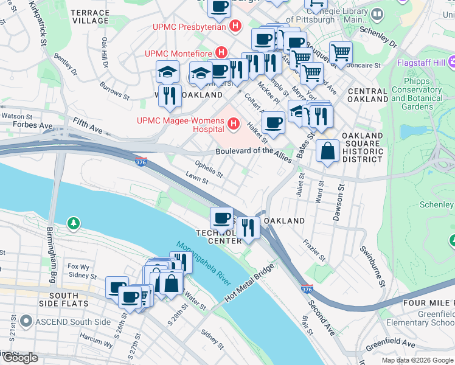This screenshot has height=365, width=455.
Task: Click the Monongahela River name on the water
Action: click(204, 263)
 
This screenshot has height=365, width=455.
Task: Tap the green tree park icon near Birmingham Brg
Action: click(74, 224)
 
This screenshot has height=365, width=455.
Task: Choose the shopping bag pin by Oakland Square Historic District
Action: click(328, 152)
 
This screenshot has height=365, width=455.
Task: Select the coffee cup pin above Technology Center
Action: click(222, 217)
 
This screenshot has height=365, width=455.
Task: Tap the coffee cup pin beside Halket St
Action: click(274, 122)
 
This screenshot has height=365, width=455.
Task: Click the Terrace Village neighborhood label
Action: click(89, 16)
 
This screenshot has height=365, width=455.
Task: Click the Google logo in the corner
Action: click(20, 358)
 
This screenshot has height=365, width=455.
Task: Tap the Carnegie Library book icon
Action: click(377, 14)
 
